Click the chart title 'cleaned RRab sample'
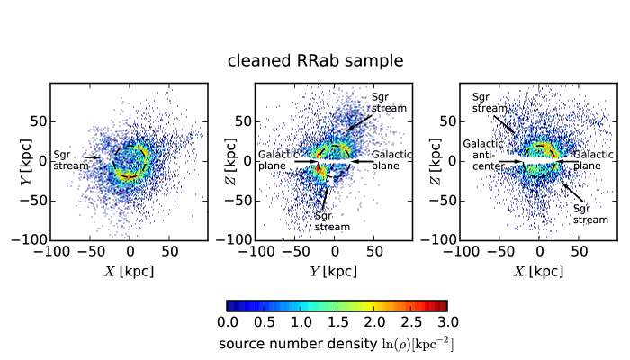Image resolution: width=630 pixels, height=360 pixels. tap(314, 61)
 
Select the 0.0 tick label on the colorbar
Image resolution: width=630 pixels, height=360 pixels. tap(228, 321)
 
